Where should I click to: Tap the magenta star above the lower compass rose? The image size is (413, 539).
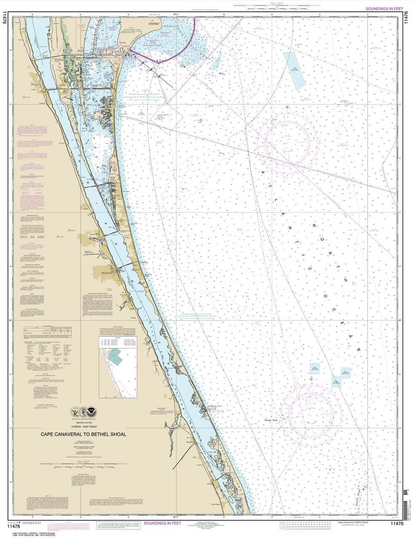tap(311, 379)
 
